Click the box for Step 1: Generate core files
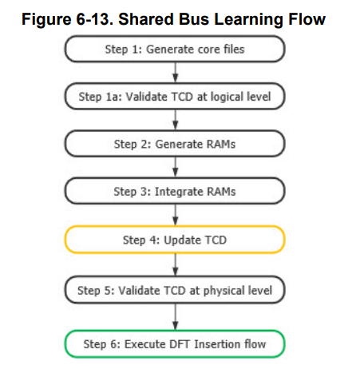(174, 50)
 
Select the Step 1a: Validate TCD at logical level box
(174, 97)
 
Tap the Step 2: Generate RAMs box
(174, 144)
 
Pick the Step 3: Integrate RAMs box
(174, 191)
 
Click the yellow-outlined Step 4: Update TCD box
(174, 239)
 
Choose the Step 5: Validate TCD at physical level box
(174, 290)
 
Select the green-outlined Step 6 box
(174, 343)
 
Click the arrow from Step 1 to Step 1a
(174, 73)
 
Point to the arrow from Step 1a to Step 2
(174, 120)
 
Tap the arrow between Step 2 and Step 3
(174, 168)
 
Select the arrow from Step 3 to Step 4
(174, 215)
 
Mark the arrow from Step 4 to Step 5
(174, 264)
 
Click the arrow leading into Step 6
(174, 317)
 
